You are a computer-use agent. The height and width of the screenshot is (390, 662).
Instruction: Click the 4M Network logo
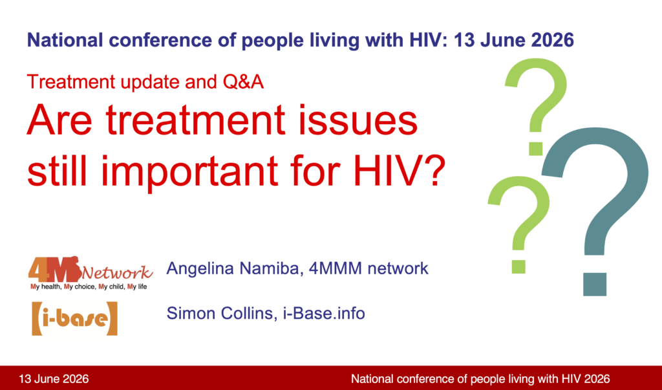pyautogui.click(x=91, y=273)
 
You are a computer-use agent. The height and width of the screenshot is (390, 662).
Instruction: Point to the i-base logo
pyautogui.click(x=75, y=319)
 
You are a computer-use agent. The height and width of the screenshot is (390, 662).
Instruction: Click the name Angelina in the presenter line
pyautogui.click(x=200, y=269)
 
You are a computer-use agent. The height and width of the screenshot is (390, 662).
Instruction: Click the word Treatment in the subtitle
pyautogui.click(x=71, y=81)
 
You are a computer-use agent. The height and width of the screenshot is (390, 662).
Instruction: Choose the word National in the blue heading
pyautogui.click(x=65, y=40)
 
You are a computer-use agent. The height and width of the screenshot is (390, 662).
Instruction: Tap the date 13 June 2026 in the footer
pyautogui.click(x=54, y=378)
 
